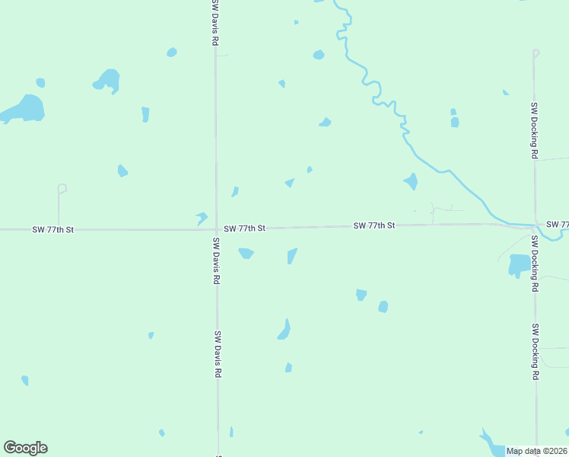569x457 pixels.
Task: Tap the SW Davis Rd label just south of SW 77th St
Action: click(x=216, y=261)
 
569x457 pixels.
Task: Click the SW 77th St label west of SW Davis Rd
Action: click(x=52, y=229)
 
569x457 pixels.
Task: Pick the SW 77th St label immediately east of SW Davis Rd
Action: click(x=244, y=228)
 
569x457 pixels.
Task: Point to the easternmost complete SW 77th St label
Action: click(x=374, y=225)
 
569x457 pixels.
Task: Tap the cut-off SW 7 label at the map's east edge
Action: click(x=558, y=224)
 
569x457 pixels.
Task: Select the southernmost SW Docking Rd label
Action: click(x=536, y=352)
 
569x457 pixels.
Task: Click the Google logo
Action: click(x=25, y=448)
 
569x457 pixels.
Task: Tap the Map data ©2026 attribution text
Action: click(x=536, y=451)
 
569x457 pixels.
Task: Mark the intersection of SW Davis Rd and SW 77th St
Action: click(x=216, y=228)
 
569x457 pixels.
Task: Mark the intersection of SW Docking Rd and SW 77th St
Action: click(x=535, y=225)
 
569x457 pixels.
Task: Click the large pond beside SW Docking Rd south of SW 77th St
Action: click(x=520, y=266)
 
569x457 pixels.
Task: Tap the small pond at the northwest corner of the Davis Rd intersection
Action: click(x=202, y=218)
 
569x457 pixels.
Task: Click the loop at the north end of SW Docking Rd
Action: click(x=536, y=53)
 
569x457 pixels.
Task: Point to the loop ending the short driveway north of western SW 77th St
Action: click(x=62, y=187)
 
